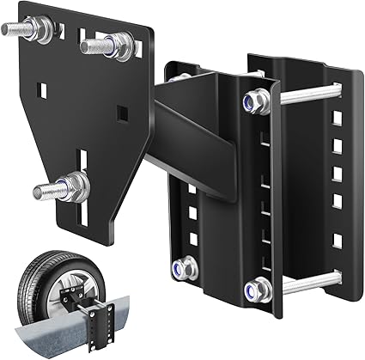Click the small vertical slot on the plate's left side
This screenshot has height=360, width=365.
40,88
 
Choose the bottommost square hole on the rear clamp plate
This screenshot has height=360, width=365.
336,241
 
